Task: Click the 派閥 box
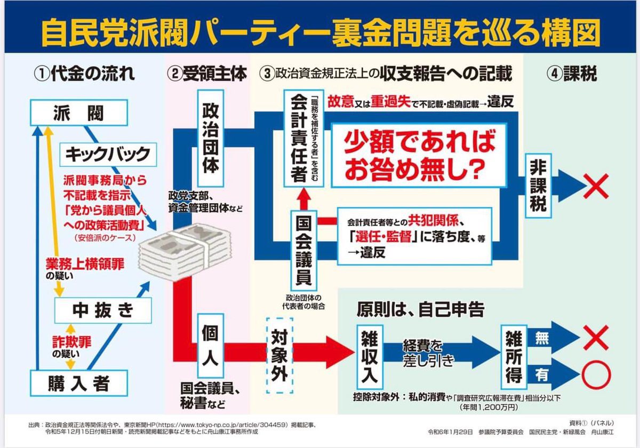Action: coord(78,114)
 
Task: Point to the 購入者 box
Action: coord(78,382)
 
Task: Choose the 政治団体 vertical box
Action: coord(210,137)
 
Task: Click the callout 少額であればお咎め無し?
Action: coord(418,155)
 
